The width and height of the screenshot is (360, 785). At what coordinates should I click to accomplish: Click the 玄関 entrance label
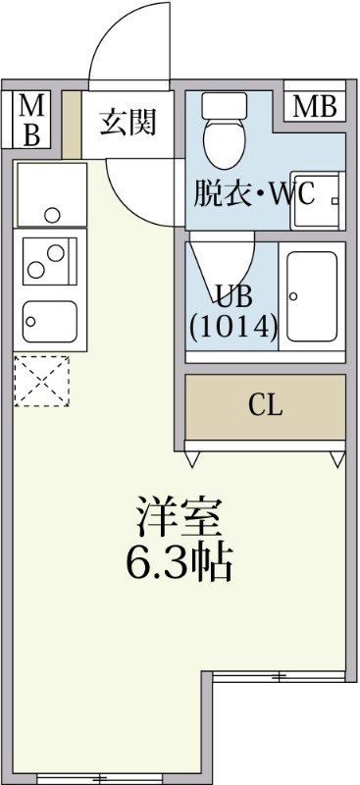click(129, 123)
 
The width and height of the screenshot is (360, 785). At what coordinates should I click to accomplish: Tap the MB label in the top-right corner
click(314, 107)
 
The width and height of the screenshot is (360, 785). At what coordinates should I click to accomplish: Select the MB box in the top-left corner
click(31, 120)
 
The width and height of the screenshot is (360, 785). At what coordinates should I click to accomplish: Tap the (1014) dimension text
click(233, 324)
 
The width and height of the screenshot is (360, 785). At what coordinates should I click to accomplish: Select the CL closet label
click(265, 406)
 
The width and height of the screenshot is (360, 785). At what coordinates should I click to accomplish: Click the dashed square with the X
click(42, 381)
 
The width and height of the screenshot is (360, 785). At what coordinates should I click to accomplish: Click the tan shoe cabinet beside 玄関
click(71, 124)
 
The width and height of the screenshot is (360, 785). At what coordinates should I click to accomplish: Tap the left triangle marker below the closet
click(194, 458)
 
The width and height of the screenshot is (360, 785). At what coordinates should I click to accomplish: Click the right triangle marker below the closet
click(337, 458)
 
